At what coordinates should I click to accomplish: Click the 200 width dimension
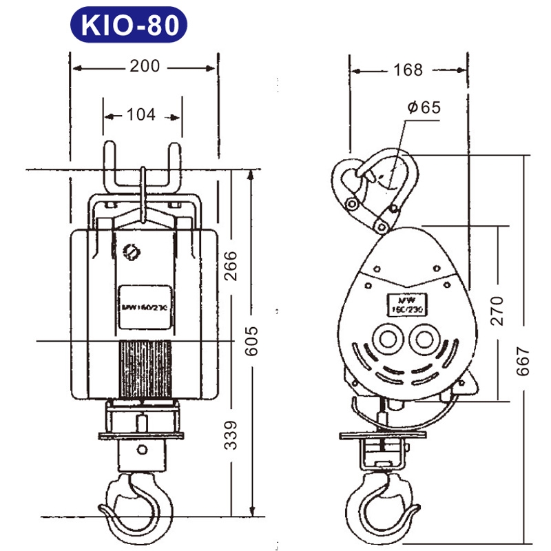click(x=144, y=66)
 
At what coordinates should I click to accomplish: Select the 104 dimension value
click(x=141, y=115)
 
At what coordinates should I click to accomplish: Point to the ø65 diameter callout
click(x=423, y=107)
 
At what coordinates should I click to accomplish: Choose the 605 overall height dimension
click(x=253, y=341)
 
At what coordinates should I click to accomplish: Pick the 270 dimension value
click(x=497, y=310)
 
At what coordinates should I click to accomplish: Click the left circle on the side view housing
click(x=384, y=340)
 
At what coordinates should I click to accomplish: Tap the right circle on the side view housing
click(x=424, y=340)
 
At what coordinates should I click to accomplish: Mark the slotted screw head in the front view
click(x=131, y=251)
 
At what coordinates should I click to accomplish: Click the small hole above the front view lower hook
click(x=142, y=449)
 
